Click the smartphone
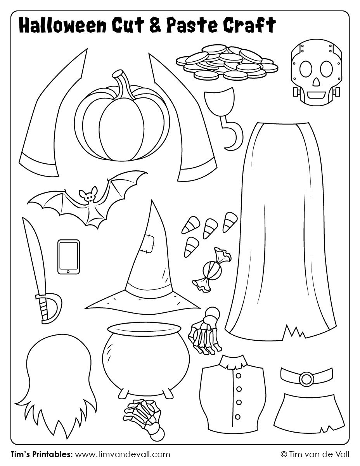(69, 256)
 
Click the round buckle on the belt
(306, 379)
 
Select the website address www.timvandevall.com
(122, 454)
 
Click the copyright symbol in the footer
(284, 454)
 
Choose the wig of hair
(58, 372)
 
